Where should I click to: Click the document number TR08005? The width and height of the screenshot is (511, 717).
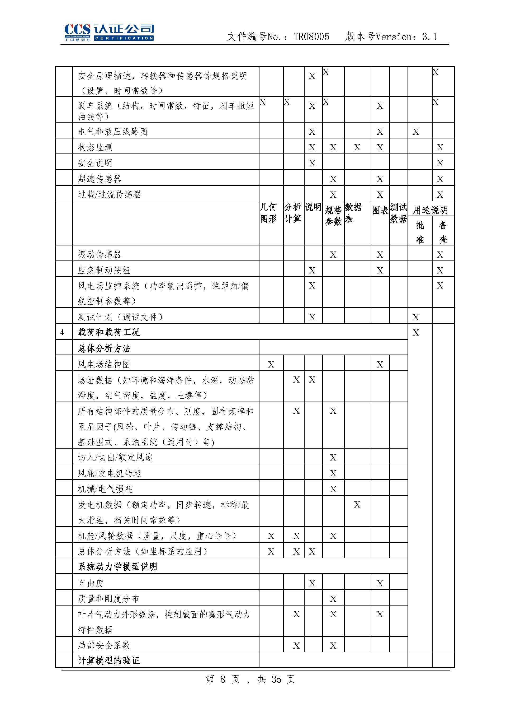311,37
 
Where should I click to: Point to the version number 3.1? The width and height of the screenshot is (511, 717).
429,37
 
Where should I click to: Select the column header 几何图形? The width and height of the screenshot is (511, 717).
268,213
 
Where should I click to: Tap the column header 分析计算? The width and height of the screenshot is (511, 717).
293,213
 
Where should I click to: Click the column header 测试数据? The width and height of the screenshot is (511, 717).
398,213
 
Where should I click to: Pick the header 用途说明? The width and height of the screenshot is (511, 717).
430,210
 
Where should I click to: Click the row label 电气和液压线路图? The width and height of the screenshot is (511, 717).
113,132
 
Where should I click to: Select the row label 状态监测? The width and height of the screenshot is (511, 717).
95,147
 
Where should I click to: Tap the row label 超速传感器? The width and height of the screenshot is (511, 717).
100,179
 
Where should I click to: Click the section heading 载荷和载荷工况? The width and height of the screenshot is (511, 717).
108,332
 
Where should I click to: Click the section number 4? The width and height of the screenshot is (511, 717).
62,333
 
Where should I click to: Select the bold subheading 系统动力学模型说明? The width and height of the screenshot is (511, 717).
118,567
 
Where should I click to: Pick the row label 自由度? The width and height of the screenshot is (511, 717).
91,583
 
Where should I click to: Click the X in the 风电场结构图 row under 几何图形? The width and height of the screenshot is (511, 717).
271,364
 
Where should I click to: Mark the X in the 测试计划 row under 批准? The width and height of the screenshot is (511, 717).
416,317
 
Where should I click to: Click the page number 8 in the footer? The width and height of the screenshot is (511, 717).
223,679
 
